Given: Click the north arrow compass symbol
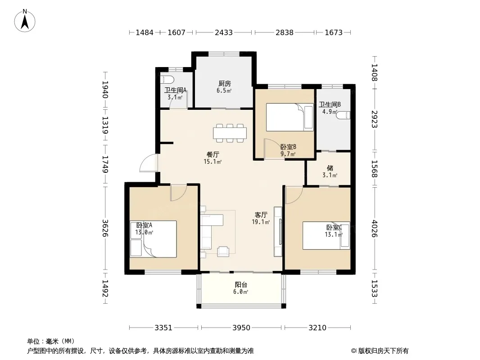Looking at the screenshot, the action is [25, 21].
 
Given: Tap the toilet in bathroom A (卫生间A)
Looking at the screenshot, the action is [167, 80].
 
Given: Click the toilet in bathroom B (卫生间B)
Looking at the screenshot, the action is [344, 115].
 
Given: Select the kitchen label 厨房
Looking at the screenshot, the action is [224, 84].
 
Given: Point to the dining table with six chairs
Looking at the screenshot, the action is [230, 133].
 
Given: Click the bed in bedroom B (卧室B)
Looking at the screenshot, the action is [290, 117].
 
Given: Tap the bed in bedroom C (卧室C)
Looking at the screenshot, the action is [326, 235].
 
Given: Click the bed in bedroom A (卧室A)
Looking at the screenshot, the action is [153, 239].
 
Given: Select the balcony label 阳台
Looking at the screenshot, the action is [241, 285].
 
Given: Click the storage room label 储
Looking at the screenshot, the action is [330, 168].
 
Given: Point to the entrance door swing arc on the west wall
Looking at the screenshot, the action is [149, 163].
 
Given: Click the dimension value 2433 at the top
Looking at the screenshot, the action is [223, 32].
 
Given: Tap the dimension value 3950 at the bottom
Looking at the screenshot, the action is [241, 328].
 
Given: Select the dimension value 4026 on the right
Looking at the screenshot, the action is [374, 229].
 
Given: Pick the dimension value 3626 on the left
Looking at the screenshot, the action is [105, 228].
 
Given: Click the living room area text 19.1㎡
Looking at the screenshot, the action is [261, 222].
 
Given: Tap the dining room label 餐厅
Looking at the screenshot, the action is [213, 154].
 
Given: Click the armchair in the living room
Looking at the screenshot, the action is [223, 252].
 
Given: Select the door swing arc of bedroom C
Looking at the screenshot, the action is [294, 195].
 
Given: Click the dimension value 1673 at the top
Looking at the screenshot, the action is [333, 32].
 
